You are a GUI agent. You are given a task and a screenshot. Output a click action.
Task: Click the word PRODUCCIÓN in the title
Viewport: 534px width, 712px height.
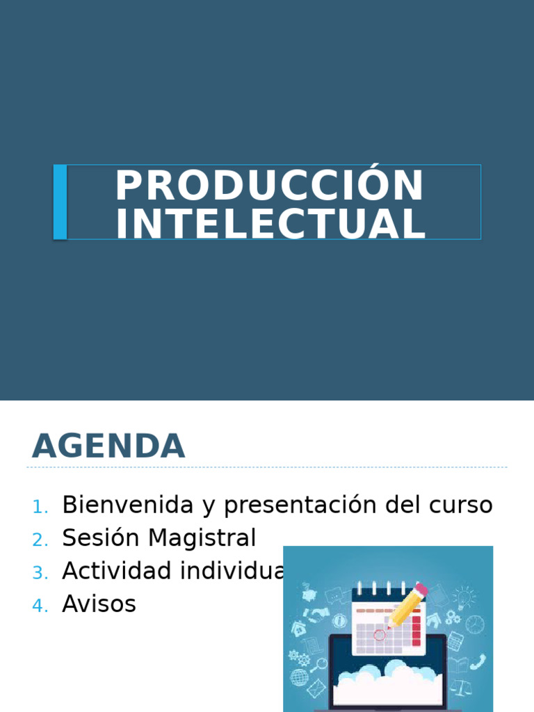point(269,186)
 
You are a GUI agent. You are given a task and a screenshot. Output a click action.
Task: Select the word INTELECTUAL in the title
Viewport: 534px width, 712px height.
point(270,225)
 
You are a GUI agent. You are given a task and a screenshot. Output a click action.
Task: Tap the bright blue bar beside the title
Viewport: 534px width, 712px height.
point(60,202)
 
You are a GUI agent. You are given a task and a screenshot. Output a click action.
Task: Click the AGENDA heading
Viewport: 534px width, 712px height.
point(108,446)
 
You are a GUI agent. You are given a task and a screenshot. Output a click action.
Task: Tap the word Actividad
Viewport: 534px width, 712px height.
point(117,571)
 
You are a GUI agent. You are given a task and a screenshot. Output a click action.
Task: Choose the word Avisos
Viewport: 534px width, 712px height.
point(99,604)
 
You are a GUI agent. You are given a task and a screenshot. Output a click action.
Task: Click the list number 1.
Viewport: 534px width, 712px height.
point(40,507)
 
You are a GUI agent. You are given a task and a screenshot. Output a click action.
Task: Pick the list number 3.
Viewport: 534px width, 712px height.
point(40,573)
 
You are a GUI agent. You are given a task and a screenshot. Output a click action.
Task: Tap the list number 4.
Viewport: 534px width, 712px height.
point(40,606)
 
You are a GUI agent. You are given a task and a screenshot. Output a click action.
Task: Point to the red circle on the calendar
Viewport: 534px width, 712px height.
point(380,634)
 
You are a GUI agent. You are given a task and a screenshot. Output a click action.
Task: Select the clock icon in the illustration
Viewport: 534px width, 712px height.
point(474,624)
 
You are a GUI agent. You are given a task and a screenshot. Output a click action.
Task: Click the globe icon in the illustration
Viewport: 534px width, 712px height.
point(300,677)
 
